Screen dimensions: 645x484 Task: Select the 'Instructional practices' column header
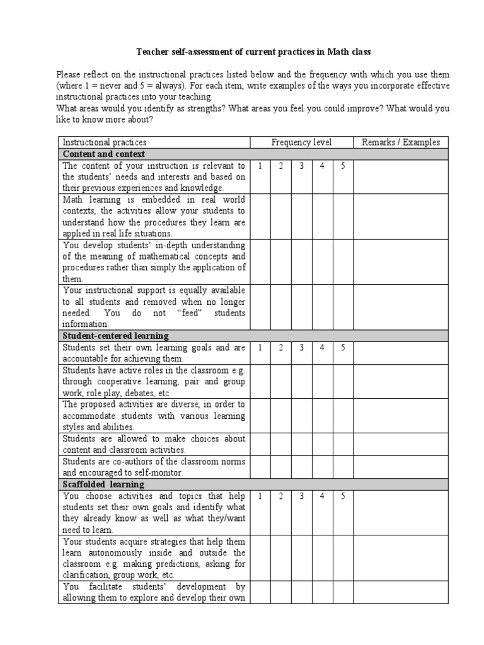pyautogui.click(x=105, y=142)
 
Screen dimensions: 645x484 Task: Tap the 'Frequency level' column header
pyautogui.click(x=301, y=142)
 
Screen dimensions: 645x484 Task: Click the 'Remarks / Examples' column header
pyautogui.click(x=400, y=142)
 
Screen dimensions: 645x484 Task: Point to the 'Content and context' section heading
pyautogui.click(x=103, y=154)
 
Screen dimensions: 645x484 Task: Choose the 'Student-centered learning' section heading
pyautogui.click(x=115, y=336)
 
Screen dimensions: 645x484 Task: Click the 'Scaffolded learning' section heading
pyautogui.click(x=103, y=484)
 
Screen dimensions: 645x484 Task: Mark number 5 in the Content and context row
pyautogui.click(x=343, y=166)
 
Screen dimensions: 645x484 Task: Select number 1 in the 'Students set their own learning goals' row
pyautogui.click(x=260, y=348)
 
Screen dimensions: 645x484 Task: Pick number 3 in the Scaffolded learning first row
pyautogui.click(x=302, y=496)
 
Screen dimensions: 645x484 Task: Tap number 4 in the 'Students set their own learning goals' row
pyautogui.click(x=322, y=348)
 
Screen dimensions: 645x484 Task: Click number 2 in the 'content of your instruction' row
pyautogui.click(x=281, y=166)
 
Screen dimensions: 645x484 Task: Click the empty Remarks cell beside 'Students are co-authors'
pyautogui.click(x=400, y=467)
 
